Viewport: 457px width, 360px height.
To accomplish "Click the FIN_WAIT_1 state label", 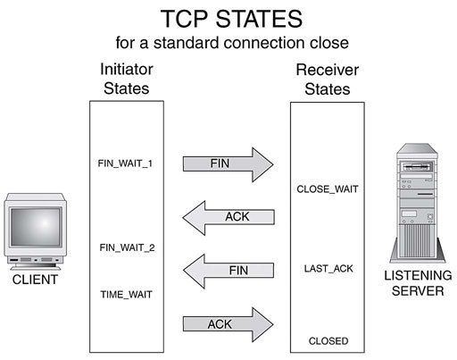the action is tap(125, 163).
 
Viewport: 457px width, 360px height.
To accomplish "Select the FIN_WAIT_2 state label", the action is tap(127, 247).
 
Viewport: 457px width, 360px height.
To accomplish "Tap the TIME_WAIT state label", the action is tap(127, 295).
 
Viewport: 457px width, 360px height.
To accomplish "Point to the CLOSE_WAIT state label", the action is tap(328, 189).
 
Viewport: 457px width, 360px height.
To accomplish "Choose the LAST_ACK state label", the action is tap(328, 269).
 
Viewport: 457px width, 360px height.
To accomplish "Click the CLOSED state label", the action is tap(328, 341).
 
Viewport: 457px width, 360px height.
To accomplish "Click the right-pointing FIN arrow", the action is tap(228, 164).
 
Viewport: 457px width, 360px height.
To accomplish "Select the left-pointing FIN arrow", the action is tap(228, 271).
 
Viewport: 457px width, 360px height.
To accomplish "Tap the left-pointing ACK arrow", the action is tap(228, 218).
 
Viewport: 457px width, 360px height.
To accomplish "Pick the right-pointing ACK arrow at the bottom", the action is tap(228, 324).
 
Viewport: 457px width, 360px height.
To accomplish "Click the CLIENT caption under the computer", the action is tap(35, 280).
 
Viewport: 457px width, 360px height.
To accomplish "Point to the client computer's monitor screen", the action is tap(36, 227).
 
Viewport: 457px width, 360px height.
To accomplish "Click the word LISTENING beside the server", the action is tap(418, 275).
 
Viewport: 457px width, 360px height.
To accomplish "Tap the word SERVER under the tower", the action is tap(418, 291).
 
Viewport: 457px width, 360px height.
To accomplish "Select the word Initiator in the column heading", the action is tap(127, 69).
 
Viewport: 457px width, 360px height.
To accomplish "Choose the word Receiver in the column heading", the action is tap(328, 70).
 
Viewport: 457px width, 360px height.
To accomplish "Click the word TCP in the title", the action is tap(184, 19).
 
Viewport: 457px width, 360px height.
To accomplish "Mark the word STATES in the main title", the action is tap(259, 19).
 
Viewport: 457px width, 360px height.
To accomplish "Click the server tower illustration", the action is tap(417, 203).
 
